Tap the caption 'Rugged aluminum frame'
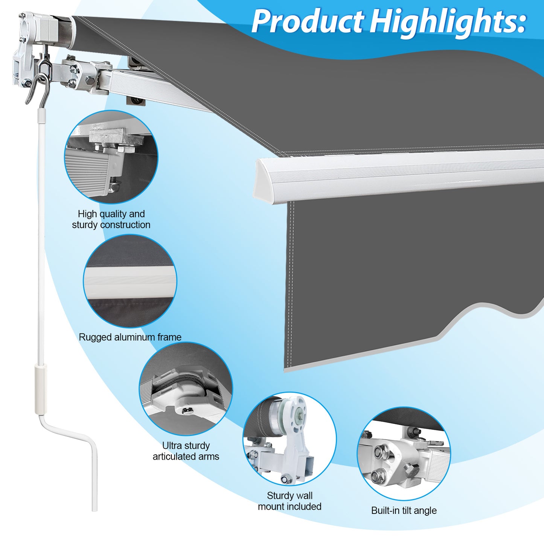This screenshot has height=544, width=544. coord(130,337)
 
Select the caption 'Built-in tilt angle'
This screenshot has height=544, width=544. coord(404,510)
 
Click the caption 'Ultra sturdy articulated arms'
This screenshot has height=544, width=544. coord(186,451)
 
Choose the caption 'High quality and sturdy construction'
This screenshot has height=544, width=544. coord(111,219)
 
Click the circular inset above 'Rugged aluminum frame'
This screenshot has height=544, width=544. coord(130,281)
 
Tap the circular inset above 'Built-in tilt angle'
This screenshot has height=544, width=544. coord(404,454)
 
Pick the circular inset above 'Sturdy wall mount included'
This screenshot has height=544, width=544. coord(290,439)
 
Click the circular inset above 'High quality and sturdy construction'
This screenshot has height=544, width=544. coord(111,157)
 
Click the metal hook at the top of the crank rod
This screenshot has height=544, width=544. coord(41,85)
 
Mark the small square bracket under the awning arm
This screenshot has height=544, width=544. coord(136,101)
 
